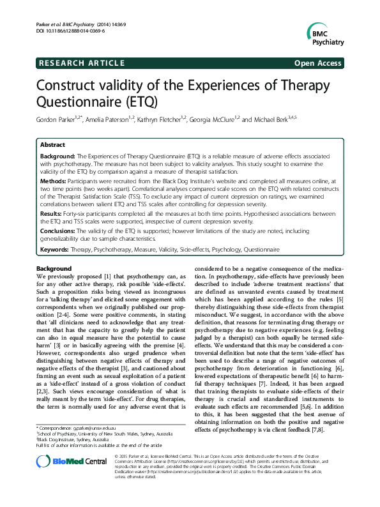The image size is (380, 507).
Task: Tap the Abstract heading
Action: (52, 145)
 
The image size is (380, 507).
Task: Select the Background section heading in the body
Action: (54, 269)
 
